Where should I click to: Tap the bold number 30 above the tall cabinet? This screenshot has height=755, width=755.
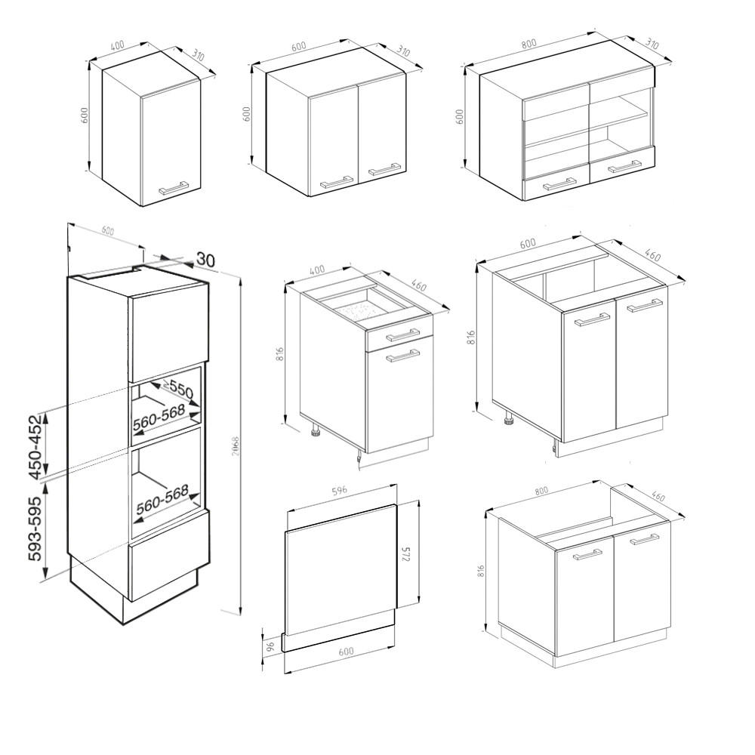coord(205,260)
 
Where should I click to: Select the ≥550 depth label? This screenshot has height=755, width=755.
coord(179,390)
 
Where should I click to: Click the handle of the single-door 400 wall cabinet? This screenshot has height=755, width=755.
coord(174,187)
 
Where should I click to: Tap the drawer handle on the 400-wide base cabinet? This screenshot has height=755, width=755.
coord(403,335)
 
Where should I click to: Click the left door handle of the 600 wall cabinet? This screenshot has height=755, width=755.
coord(337,181)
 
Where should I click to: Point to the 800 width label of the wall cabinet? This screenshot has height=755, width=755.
coord(528,44)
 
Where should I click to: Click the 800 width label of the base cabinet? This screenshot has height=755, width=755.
coord(542,492)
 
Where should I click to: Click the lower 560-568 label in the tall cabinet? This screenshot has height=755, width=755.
coord(162,501)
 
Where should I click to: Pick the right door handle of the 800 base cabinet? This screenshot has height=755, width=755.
coord(643,539)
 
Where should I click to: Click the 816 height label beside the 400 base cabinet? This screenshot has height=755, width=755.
coord(279,353)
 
